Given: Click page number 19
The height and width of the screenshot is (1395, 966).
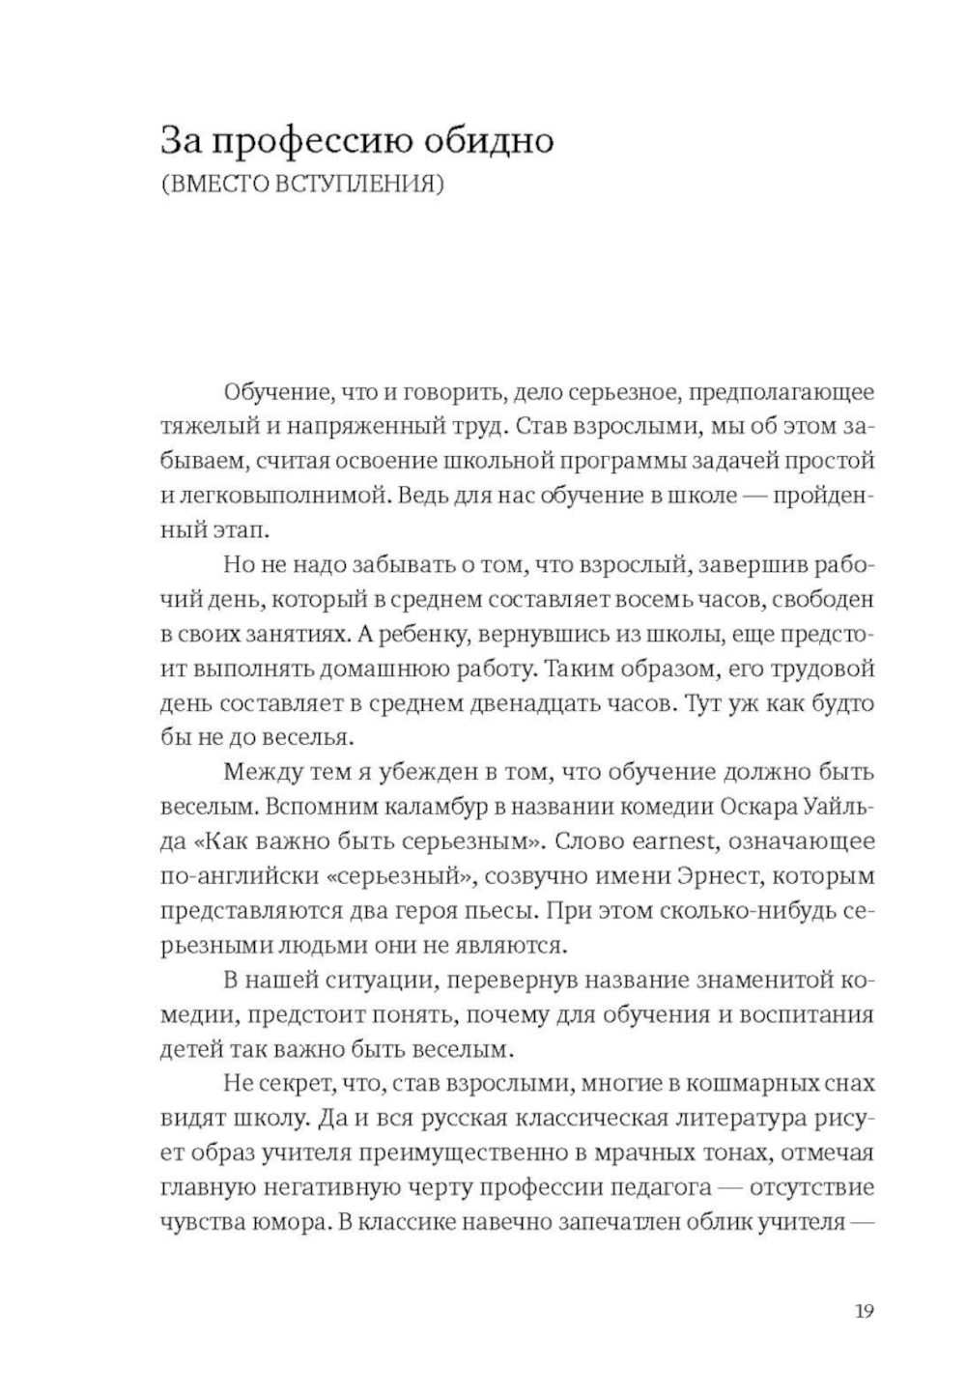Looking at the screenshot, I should (864, 1311).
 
